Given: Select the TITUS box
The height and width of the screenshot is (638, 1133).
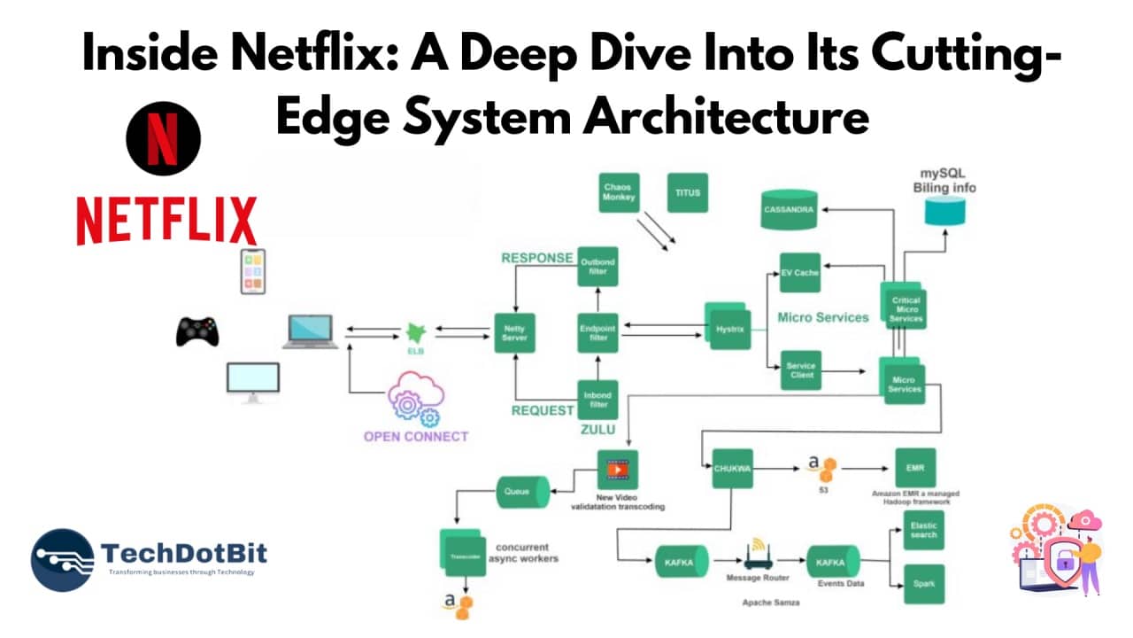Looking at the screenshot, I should tap(687, 192).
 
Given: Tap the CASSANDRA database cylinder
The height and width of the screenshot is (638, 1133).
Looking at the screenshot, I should tap(790, 211).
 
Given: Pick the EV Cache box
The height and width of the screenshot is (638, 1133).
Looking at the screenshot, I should tap(799, 273).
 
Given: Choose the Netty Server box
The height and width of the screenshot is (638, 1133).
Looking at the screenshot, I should tap(514, 333).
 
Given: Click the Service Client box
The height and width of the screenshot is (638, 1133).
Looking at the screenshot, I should tap(799, 370).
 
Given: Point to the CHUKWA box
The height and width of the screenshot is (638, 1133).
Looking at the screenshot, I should tap(732, 470).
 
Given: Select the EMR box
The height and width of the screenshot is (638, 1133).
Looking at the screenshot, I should tap(915, 468).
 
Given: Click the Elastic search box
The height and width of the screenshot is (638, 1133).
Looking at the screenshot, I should tap(924, 531).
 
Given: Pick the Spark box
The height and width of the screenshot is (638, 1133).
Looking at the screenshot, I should tap(924, 584).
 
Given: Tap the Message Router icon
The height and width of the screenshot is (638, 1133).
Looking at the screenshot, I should tap(756, 556).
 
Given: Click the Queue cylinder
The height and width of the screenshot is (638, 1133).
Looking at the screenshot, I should tap(521, 490).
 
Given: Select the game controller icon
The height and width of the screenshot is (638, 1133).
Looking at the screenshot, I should tap(197, 331).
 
